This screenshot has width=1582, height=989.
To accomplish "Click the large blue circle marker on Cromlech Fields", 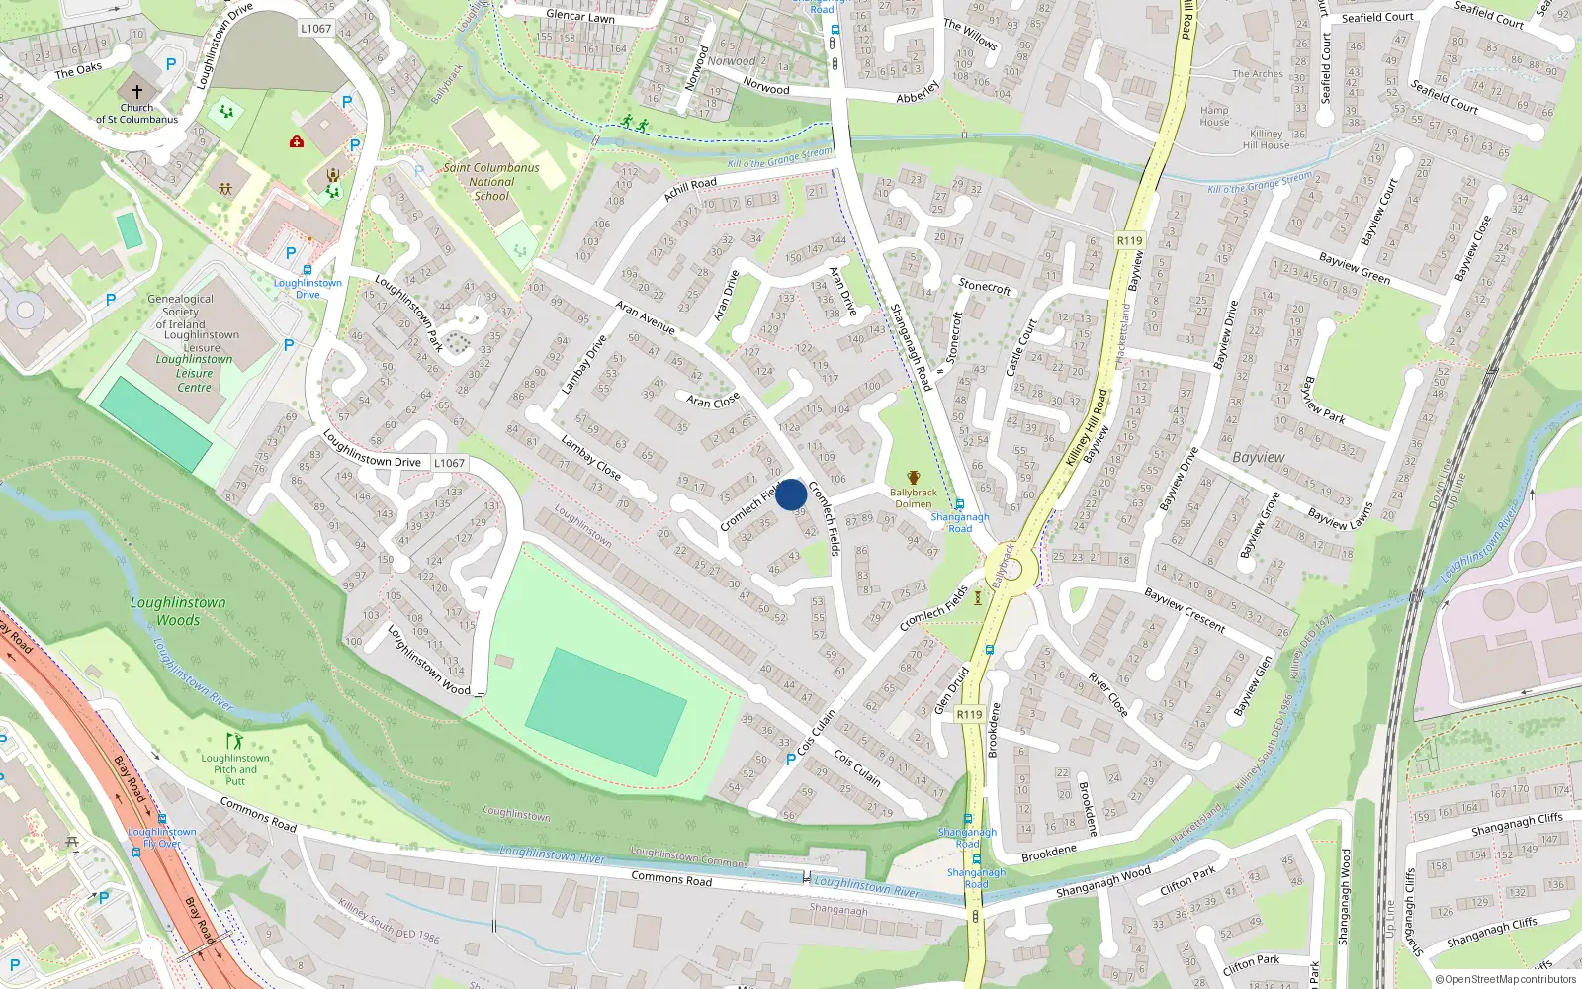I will point(790,494).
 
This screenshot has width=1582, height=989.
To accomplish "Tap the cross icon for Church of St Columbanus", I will point(137,90).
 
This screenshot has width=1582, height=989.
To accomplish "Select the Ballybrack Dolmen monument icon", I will point(913,478).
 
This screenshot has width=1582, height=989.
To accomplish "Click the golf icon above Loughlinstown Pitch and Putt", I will point(234,741).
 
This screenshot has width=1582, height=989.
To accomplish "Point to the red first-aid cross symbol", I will point(296,142).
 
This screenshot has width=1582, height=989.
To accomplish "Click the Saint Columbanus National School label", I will point(491,182).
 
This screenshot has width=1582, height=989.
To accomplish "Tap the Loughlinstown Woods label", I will point(178,611).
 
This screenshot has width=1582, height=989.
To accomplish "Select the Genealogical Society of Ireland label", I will point(180,312).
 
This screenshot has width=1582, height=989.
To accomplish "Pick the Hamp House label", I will point(1214,117).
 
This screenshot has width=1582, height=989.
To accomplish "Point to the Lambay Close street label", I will point(590,458).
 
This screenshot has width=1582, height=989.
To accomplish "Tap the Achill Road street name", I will point(690,190).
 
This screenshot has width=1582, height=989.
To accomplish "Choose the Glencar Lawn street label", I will point(580,16).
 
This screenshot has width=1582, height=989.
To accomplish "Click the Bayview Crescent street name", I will point(1185,610).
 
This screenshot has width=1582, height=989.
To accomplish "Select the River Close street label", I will point(1107,694).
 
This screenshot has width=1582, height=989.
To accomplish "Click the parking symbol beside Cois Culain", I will point(790,759).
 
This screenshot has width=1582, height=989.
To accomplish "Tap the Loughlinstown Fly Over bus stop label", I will point(162,838).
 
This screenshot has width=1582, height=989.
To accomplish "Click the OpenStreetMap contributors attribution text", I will point(1506,979).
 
